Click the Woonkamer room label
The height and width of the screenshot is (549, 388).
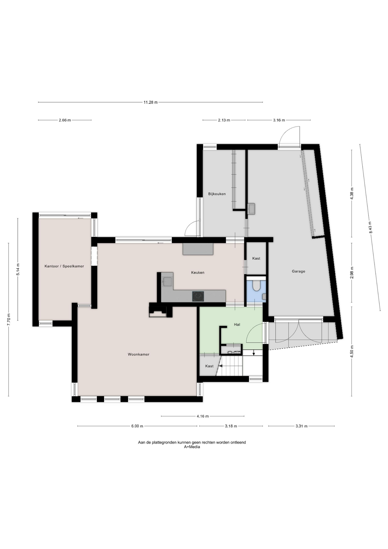pos(139,354)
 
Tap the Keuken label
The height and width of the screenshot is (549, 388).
pos(198,272)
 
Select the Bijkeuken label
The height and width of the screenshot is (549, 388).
pos(217,194)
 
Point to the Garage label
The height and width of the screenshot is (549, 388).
pos(299,271)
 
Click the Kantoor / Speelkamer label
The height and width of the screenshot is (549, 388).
pos(64,266)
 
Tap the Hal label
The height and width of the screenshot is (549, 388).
pos(237,325)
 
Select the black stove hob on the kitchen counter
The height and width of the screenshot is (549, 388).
pos(198,296)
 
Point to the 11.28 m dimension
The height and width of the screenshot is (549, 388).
pos(151,102)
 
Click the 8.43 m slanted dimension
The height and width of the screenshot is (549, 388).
pos(370,227)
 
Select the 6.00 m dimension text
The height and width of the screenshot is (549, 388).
pos(137,426)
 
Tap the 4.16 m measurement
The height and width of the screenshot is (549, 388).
pos(203,416)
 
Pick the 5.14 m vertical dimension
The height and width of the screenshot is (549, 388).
pos(18,269)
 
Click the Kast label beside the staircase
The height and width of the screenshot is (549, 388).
pos(209,366)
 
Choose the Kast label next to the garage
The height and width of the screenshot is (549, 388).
pos(256,258)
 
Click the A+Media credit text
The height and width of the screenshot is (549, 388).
pos(192,447)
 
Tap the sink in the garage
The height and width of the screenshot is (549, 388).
pos(251,209)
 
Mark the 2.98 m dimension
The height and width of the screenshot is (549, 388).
pos(352,272)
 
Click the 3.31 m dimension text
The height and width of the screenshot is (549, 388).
pos(301,426)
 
